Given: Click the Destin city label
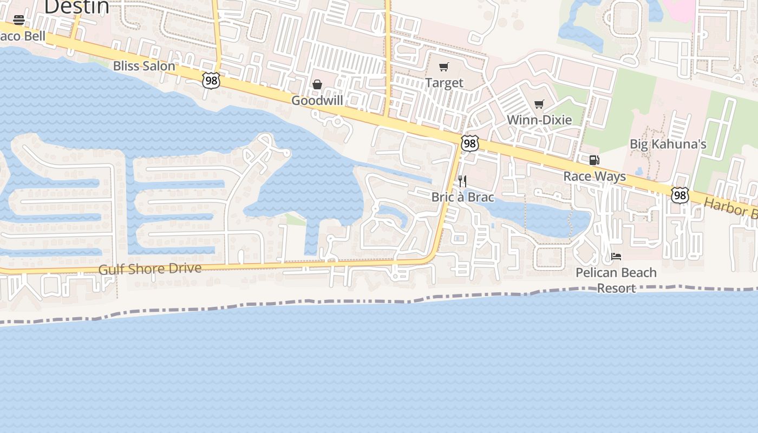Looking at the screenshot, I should (76, 6).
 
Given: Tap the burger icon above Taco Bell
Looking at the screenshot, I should (19, 20).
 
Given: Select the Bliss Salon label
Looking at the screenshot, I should (144, 66).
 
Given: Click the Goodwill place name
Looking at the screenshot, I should (317, 101).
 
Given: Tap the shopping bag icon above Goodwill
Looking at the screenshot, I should (317, 84).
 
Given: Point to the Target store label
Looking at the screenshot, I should (444, 83).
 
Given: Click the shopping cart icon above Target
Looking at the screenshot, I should (444, 67).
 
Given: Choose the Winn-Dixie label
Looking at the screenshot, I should (539, 120).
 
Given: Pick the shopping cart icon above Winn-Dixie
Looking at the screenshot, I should (539, 104).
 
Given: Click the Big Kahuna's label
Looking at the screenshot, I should (668, 144).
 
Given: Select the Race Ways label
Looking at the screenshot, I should (594, 176).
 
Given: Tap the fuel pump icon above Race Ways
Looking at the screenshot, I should (594, 160).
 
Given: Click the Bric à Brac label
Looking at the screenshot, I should (462, 197).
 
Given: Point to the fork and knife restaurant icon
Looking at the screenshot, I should (462, 181).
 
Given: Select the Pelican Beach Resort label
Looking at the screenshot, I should (616, 280).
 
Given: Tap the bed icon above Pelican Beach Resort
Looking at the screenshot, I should (616, 257).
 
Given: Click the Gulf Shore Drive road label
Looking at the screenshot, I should (150, 269).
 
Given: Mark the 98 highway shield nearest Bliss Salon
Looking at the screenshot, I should (212, 81).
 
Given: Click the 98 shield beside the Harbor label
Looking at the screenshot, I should (679, 195).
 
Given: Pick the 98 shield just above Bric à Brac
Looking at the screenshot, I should (469, 143).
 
